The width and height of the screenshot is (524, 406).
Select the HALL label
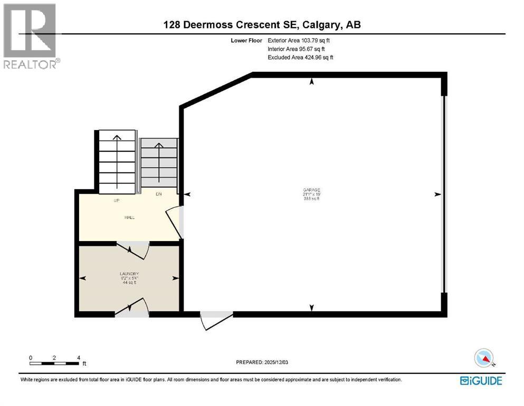(x=129, y=217)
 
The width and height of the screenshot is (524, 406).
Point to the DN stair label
(x=158, y=194)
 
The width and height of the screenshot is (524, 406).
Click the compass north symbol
(x=484, y=358)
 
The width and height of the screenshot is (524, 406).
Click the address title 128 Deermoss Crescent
(x=262, y=24)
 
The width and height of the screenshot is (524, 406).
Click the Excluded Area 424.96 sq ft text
(x=300, y=57)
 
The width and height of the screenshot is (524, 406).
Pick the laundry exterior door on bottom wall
(x=132, y=309)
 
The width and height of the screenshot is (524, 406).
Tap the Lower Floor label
(x=247, y=40)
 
